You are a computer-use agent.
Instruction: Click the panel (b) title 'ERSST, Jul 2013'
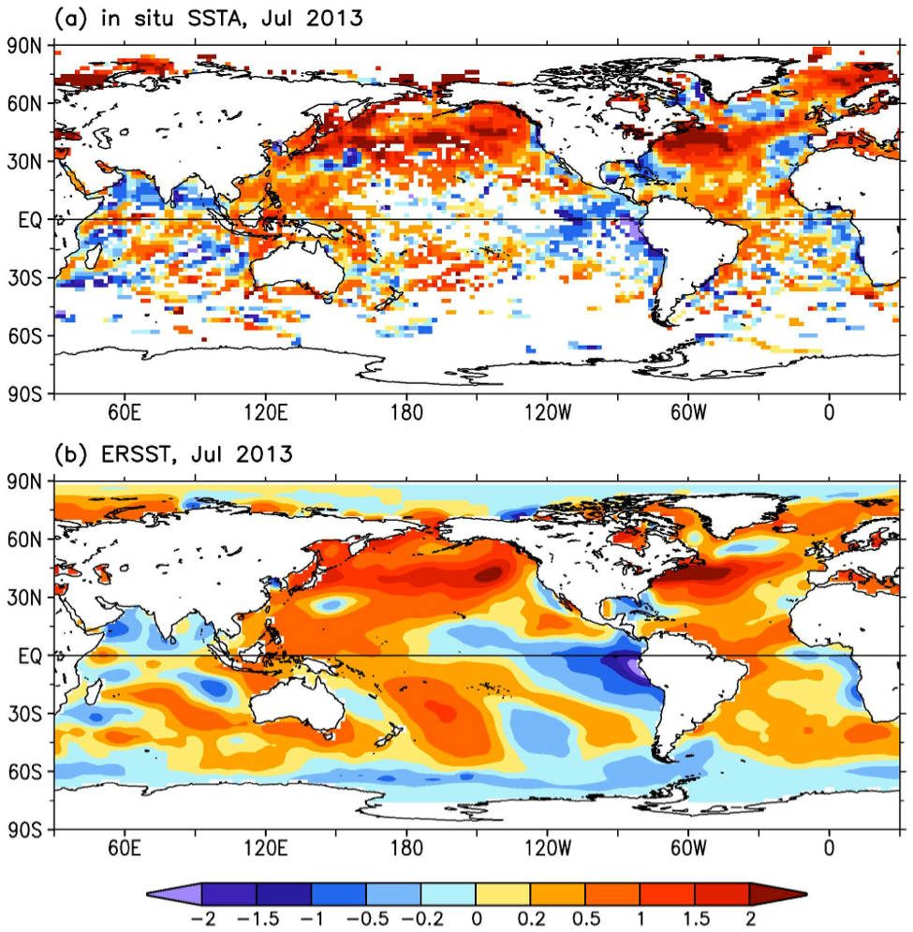[173, 454]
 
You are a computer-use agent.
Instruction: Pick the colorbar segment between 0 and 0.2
[503, 894]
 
